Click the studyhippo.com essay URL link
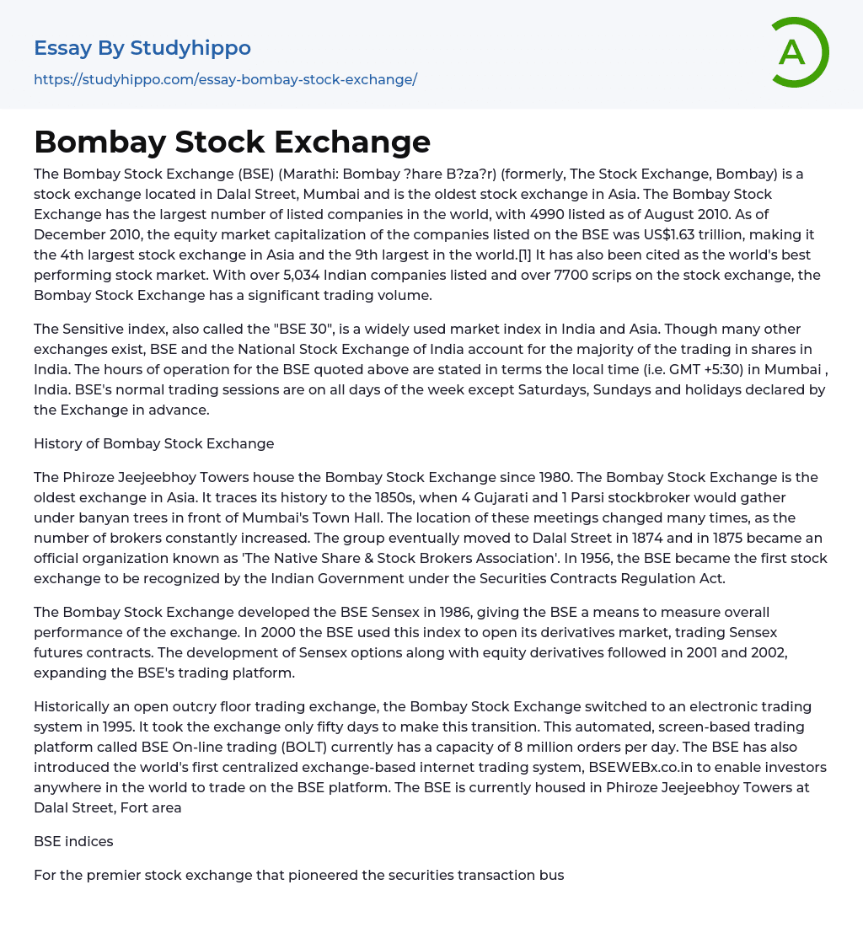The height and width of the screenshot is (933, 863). [225, 79]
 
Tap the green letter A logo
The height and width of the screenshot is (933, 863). [795, 52]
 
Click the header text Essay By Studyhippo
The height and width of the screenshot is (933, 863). [142, 48]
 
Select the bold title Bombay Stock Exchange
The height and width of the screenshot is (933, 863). [232, 142]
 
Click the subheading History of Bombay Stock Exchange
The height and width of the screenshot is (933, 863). [154, 443]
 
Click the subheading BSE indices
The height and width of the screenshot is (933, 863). [73, 841]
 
